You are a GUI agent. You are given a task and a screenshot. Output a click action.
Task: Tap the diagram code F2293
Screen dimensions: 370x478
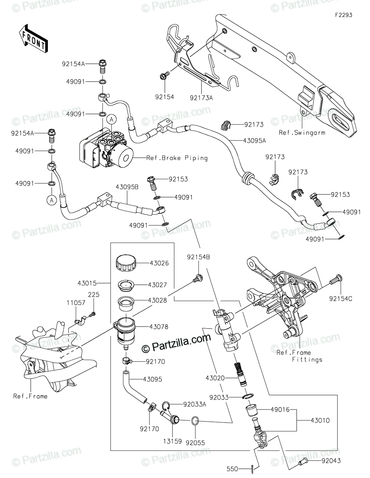coord(343,15)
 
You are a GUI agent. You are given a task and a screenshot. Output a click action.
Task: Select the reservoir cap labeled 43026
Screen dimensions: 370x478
coord(126,263)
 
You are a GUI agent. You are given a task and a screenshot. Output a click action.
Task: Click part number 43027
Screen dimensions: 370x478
coord(157,285)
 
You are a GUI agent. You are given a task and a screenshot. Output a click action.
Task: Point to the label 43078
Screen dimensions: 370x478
coord(159,327)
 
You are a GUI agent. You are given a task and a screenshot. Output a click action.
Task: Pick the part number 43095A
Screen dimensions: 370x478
coord(254,141)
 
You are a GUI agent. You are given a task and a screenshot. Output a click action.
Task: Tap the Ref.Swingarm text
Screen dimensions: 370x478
coord(302,133)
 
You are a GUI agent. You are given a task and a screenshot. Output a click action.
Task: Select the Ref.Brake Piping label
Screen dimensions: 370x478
coord(177,158)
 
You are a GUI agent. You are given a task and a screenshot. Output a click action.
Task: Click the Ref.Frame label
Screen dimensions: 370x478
coord(30,396)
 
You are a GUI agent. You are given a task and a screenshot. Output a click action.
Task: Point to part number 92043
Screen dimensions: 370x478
coord(331,460)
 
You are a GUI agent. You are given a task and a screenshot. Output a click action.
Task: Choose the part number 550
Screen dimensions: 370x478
coord(232,469)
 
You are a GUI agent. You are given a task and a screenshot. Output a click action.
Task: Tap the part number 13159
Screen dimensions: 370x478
coord(172,441)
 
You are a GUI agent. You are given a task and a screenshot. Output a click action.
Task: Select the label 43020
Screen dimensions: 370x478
coord(215,378)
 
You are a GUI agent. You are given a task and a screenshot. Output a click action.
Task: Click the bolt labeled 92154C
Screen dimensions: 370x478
coord(336,280)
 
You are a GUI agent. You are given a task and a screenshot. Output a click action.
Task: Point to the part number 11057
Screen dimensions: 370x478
coord(76,303)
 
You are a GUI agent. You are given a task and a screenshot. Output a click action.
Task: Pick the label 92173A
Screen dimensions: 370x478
coord(202,98)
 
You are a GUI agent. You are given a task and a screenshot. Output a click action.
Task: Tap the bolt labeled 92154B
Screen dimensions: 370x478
coord(198,278)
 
